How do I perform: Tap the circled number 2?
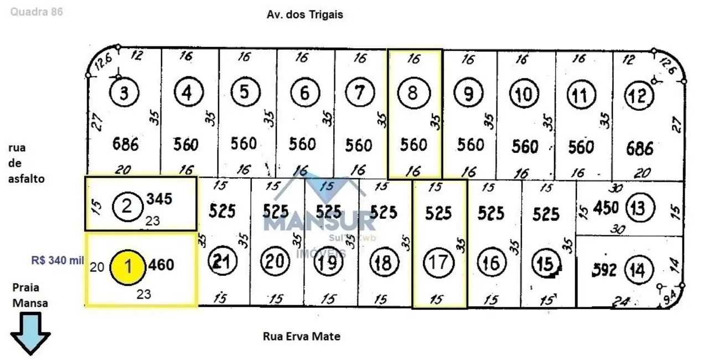[x=127, y=207]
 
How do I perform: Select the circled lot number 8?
[x=412, y=92]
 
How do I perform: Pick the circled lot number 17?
[x=438, y=262]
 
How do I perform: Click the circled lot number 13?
[x=638, y=208]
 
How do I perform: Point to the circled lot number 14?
[x=638, y=270]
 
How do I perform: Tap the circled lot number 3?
[x=124, y=93]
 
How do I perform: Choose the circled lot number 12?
[x=638, y=96]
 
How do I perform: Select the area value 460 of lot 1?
[x=161, y=265]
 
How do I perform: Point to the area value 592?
[x=603, y=270]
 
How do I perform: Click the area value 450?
[x=606, y=208]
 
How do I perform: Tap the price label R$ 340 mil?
[x=57, y=260]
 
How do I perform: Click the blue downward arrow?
[x=30, y=333]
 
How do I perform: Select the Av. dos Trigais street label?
[x=304, y=15]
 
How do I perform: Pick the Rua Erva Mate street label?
[x=301, y=336]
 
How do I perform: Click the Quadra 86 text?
[x=37, y=12]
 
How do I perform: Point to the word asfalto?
[x=27, y=179]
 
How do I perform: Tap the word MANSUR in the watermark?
[x=319, y=223]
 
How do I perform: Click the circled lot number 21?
[x=221, y=262]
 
